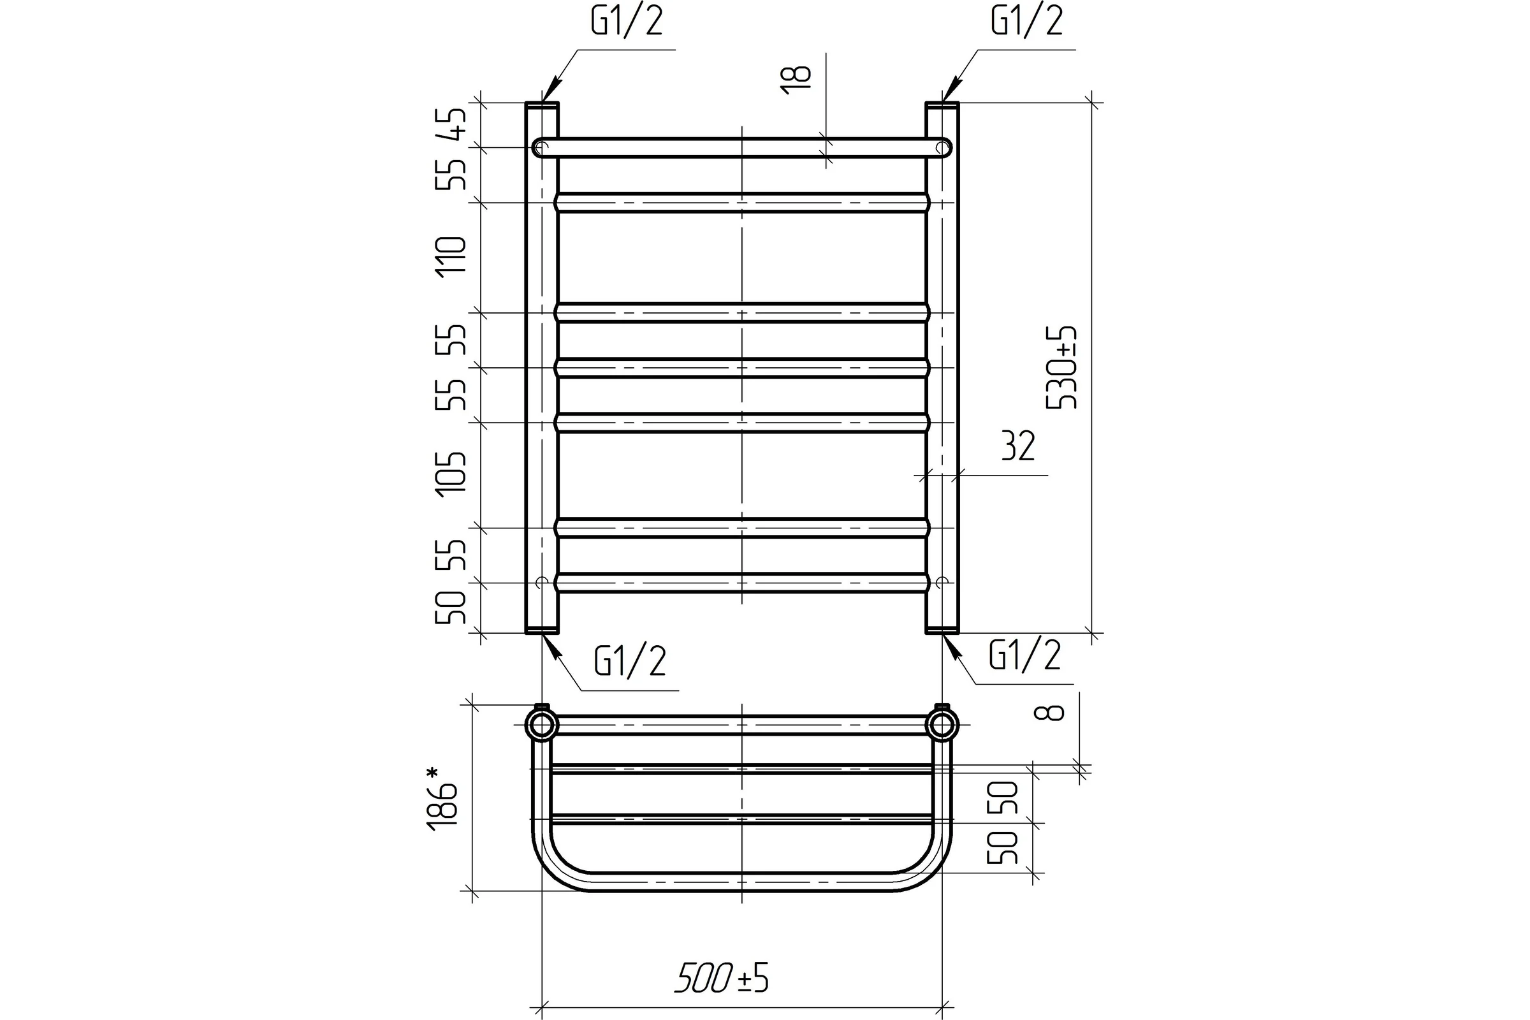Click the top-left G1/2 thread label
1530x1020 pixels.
tap(627, 22)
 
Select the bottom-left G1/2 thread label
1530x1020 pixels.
tap(630, 662)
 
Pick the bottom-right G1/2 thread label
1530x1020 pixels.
tap(1025, 655)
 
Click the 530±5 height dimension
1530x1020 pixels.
tap(1061, 368)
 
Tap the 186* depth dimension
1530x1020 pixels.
tap(442, 799)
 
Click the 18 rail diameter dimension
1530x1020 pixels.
tap(798, 80)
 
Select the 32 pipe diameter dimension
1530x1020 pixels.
tap(1018, 446)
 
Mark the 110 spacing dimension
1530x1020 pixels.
tap(451, 258)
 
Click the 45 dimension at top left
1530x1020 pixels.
tap(451, 124)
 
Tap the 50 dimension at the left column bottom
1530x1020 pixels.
tap(451, 608)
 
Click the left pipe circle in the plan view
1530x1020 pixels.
tap(542, 725)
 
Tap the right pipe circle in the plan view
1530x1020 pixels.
tap(942, 725)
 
